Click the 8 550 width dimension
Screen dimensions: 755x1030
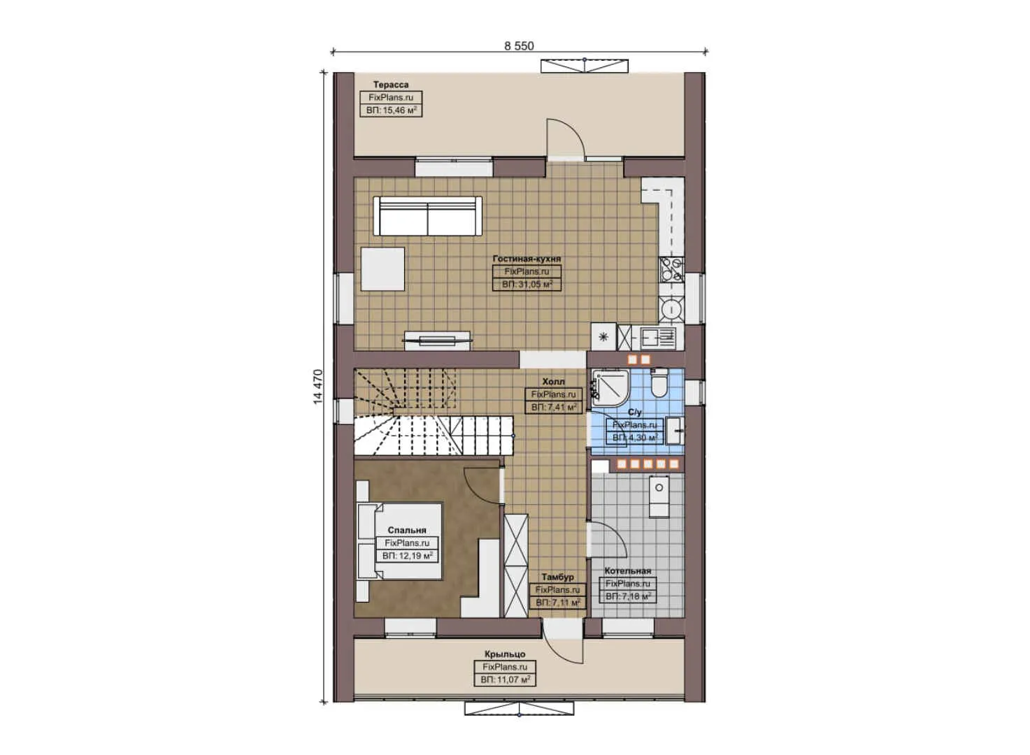518,46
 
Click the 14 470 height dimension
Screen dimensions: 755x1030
319,387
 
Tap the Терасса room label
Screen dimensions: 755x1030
390,85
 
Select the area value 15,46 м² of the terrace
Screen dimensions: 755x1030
391,110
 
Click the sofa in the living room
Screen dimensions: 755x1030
428,217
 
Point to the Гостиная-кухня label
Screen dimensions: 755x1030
527,259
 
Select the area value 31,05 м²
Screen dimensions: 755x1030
527,285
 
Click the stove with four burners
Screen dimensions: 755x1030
671,269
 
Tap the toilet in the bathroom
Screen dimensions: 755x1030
658,383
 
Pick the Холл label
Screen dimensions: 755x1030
553,382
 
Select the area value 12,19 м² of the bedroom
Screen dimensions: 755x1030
407,556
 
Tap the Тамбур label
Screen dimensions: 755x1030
557,577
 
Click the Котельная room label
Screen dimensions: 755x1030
627,571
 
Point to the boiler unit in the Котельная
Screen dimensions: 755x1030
658,496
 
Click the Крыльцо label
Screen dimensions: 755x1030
504,654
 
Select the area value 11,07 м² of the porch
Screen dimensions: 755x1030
504,679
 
